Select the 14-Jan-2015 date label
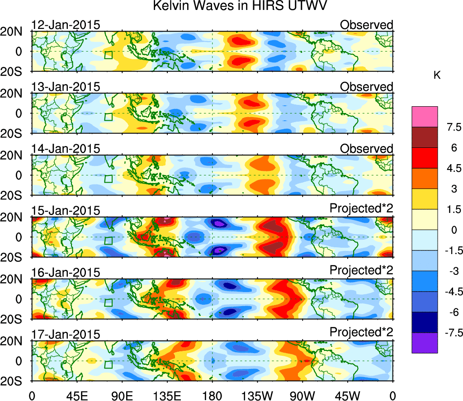(x=66, y=148)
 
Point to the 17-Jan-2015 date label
(x=66, y=334)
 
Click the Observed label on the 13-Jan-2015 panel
(x=366, y=86)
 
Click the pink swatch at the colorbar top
(x=425, y=117)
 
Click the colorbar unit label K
(x=437, y=75)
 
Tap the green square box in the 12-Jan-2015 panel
(x=108, y=55)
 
